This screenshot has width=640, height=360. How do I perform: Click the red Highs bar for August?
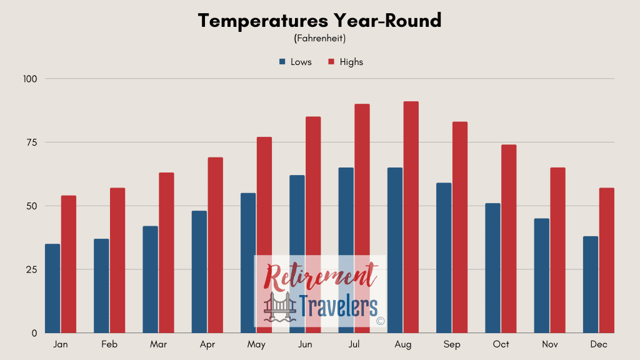411,217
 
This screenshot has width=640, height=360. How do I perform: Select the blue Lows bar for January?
52,289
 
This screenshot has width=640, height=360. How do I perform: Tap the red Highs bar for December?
606,261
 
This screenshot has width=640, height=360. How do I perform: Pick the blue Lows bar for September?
444,258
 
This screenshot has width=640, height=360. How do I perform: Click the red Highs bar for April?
216,245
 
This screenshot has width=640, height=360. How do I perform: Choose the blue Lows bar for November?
542,276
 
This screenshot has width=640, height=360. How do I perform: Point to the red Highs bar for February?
117,261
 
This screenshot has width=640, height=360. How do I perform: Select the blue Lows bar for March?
150,279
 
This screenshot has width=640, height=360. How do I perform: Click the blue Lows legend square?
282,62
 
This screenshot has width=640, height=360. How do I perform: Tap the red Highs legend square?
331,62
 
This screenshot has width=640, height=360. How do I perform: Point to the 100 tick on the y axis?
30,79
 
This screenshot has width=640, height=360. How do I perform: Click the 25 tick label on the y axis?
31,269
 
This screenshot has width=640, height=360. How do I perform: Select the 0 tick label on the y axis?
34,334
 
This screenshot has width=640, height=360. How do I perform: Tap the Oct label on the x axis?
501,344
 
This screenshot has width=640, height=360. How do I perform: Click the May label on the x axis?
256,344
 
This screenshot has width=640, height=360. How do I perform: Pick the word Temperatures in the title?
263,21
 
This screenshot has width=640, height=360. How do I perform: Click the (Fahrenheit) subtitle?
320,38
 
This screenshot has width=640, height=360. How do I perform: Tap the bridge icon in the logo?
280,307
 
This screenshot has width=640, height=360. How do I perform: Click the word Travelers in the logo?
338,306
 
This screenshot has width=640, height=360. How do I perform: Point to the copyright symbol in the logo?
381,321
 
